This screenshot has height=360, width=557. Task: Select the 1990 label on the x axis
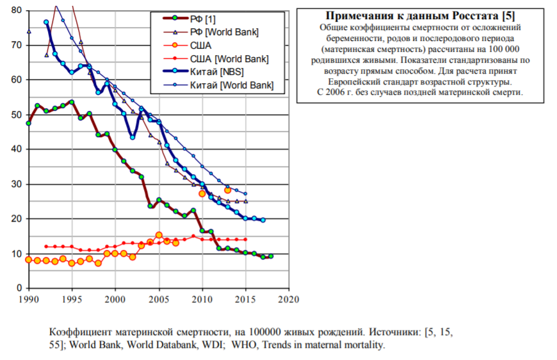tap(28, 299)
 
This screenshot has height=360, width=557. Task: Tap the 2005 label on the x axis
tap(158, 299)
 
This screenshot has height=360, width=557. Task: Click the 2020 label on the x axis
tap(289, 299)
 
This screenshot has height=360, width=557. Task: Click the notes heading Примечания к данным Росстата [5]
tap(421, 16)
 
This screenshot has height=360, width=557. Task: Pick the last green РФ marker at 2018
tap(271, 256)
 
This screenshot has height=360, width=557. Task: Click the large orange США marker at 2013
tap(227, 190)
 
